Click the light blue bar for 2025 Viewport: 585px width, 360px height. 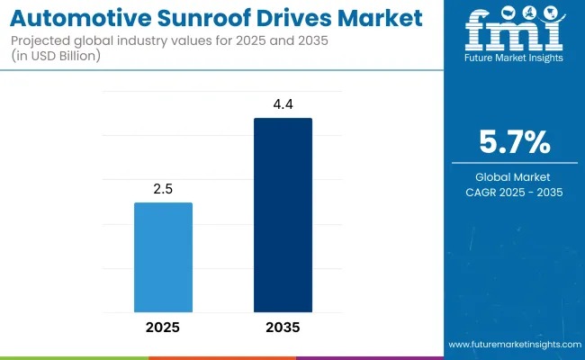click(x=163, y=256)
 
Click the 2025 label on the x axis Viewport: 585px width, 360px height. click(x=163, y=327)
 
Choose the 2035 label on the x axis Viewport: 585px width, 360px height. click(x=283, y=327)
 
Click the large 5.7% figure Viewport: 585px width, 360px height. click(x=515, y=143)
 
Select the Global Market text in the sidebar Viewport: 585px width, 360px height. click(x=515, y=176)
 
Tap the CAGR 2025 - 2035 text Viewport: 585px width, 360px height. click(x=515, y=192)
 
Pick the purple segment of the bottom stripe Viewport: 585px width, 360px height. click(x=370, y=357)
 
